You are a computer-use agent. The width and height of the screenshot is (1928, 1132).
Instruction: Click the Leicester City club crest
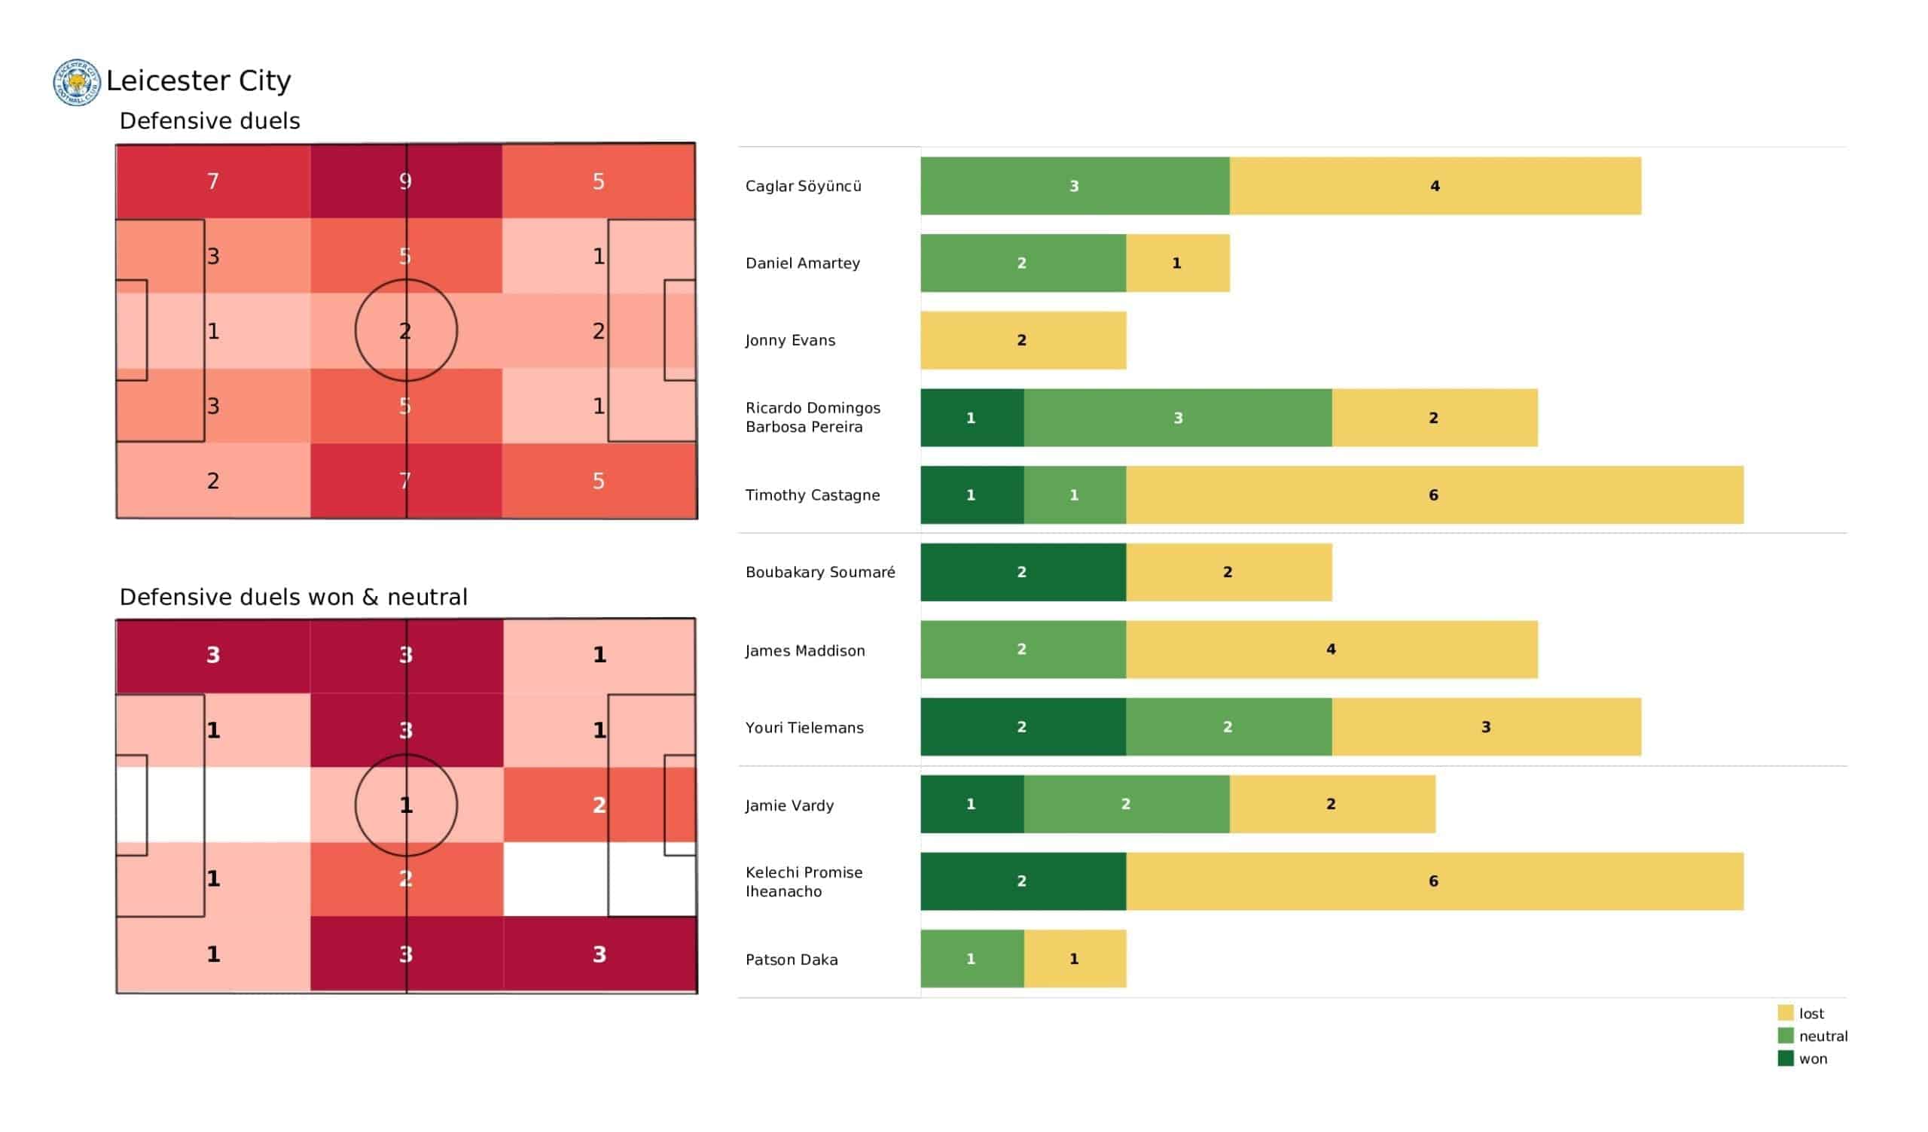coord(77,82)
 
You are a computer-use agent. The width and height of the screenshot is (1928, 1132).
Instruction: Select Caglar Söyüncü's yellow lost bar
coord(1435,186)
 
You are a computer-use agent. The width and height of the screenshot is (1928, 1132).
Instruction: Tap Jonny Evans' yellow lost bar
coord(1022,340)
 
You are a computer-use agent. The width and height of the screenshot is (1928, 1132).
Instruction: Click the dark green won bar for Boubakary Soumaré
coord(1022,572)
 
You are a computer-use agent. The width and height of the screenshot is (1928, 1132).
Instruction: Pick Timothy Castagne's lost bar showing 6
coord(1434,494)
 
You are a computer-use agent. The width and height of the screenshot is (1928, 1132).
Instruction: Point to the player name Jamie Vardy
coord(789,805)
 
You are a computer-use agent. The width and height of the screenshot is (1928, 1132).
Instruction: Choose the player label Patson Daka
coord(791,960)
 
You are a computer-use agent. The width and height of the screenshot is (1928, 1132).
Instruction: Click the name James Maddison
coord(805,651)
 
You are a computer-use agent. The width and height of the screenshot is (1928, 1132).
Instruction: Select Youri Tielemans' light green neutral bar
coord(1228,726)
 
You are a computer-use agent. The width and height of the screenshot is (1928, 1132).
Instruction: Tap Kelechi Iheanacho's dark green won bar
coord(1022,881)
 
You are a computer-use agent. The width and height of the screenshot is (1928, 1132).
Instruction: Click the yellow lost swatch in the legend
coord(1785,1013)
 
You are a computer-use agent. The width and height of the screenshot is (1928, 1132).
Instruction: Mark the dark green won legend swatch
coord(1785,1059)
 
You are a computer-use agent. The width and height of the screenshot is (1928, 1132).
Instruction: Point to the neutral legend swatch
coord(1785,1036)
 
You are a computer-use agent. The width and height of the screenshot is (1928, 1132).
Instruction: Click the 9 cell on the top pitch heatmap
coord(405,181)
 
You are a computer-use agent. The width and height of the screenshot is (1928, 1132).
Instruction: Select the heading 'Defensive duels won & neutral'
coord(293,598)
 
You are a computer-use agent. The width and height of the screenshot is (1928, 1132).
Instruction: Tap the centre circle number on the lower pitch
coord(406,805)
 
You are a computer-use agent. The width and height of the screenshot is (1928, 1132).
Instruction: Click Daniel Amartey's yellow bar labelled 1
coord(1176,263)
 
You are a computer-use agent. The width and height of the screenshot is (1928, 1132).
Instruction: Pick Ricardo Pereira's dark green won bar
coord(972,418)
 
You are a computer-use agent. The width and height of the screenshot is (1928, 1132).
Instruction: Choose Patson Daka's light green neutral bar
coord(972,959)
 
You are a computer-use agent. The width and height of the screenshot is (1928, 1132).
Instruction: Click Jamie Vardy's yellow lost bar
coord(1332,804)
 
